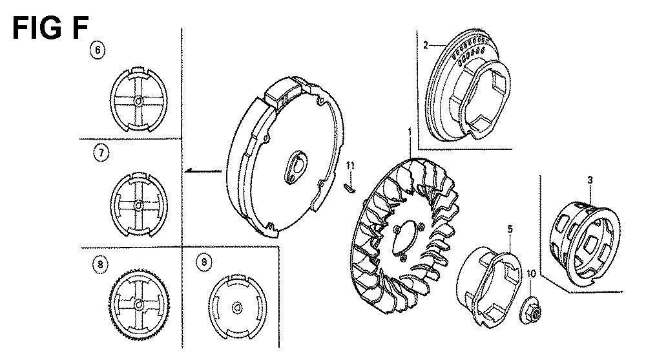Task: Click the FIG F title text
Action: [x=50, y=28]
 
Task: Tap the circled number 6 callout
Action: [x=98, y=50]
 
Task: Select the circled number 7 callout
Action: [x=101, y=153]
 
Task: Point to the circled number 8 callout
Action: [x=100, y=264]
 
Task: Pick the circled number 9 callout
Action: [x=204, y=262]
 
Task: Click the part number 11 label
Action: [x=350, y=165]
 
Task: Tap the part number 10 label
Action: [x=530, y=274]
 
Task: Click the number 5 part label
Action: [x=510, y=229]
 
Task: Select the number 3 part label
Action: [x=590, y=180]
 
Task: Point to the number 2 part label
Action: [x=426, y=45]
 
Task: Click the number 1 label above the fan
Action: [x=410, y=132]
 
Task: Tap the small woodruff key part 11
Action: [x=349, y=187]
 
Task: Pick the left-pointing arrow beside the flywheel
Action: [x=203, y=171]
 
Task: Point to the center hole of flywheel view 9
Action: [x=238, y=308]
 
